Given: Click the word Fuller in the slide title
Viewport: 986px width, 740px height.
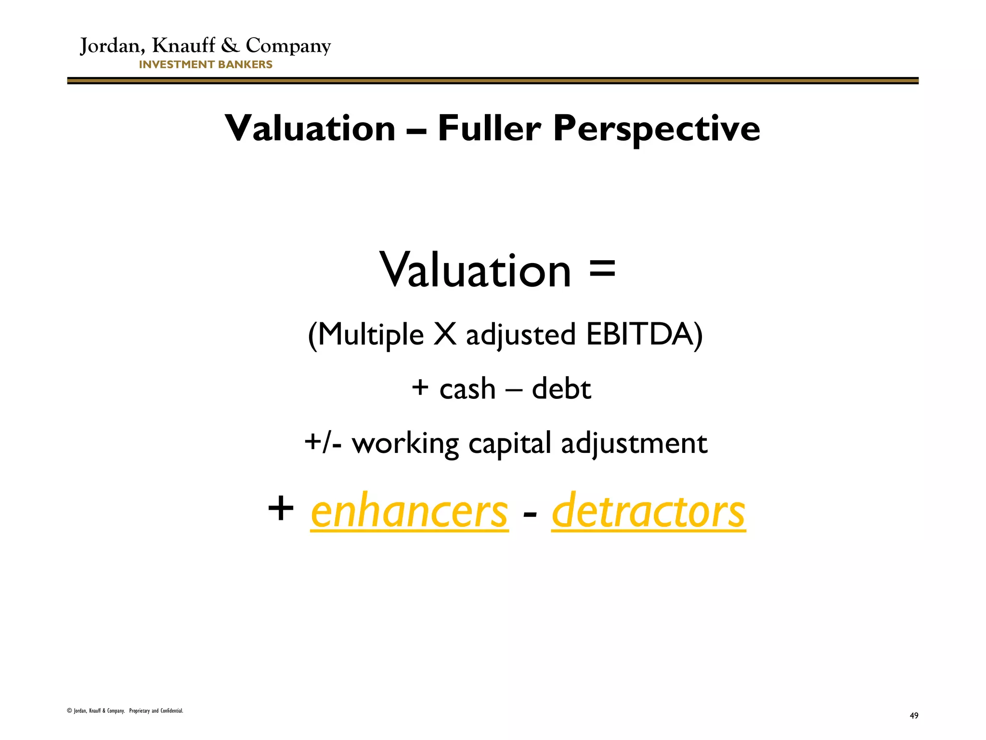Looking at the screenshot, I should [x=489, y=129].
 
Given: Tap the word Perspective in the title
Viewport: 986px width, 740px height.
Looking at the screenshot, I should [x=657, y=129].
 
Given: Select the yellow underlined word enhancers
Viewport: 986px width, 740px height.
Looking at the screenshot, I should [x=409, y=512].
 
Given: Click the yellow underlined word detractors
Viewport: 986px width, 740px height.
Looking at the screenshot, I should [x=648, y=512].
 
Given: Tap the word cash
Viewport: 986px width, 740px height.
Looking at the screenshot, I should [x=467, y=389].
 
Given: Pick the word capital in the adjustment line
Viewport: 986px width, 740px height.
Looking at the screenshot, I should [x=509, y=444].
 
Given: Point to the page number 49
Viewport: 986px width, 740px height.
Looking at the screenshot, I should [x=914, y=716].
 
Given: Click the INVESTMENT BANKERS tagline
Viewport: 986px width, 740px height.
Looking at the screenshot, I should [x=206, y=65].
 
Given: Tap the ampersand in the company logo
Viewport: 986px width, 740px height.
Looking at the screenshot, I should [x=230, y=45].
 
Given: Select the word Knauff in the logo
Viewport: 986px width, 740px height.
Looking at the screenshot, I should [x=183, y=45].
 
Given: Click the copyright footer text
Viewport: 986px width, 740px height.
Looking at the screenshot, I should [x=125, y=711].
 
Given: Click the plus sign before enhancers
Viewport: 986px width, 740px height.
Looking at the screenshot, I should [x=281, y=509].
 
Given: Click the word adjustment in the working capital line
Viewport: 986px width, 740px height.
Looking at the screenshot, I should [x=634, y=444].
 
